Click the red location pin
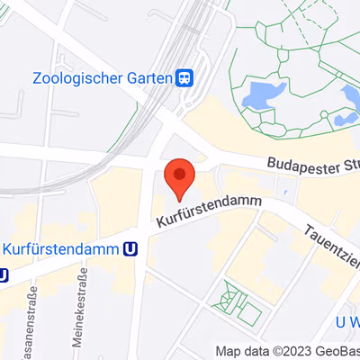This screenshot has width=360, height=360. point(180,176)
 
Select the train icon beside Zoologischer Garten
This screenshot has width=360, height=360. point(184,77)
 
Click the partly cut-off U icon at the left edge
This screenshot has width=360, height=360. point(4,274)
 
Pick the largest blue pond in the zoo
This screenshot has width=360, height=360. point(263,93)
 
